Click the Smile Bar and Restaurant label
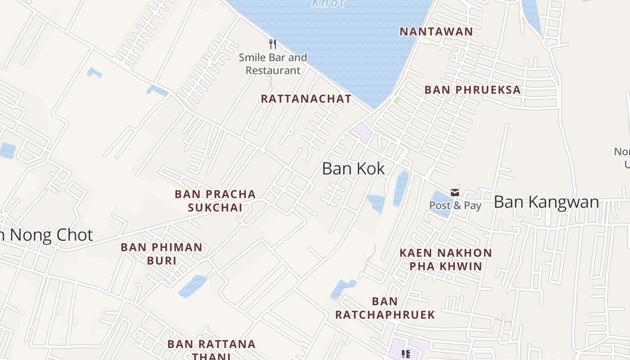click(x=273, y=64)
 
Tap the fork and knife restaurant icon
click(x=272, y=44)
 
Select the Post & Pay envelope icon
click(x=455, y=193)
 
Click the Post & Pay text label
click(x=455, y=206)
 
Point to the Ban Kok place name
click(x=354, y=169)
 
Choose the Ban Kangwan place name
click(x=546, y=202)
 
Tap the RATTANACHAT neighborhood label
click(x=306, y=99)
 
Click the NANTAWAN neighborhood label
click(x=436, y=31)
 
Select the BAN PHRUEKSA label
click(x=472, y=90)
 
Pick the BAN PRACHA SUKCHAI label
click(x=215, y=201)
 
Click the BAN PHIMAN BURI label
click(x=162, y=254)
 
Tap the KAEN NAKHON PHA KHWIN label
click(x=445, y=259)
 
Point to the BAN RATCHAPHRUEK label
click(x=385, y=308)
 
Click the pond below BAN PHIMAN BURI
click(x=192, y=286)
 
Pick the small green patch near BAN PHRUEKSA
click(x=397, y=99)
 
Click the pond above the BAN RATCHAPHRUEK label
click(x=342, y=288)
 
